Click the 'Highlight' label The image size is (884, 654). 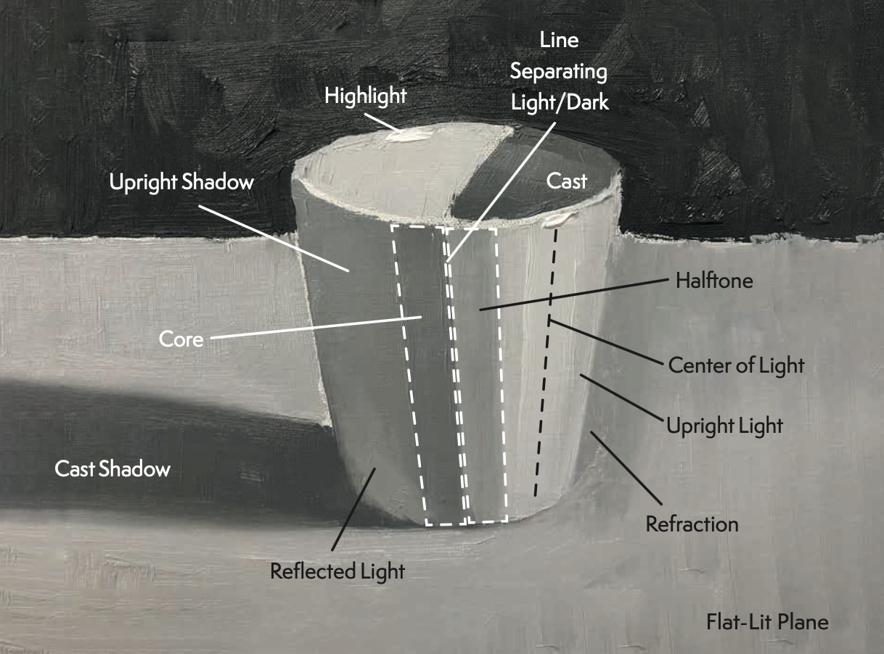[x=365, y=95]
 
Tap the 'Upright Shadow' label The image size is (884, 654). [x=181, y=181]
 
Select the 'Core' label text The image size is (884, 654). [x=181, y=338]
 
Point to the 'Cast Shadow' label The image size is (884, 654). [x=112, y=468]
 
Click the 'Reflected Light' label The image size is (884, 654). [x=337, y=571]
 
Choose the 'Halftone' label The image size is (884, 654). [x=714, y=280]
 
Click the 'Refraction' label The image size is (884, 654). [x=692, y=523]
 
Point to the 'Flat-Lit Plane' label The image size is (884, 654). [x=767, y=621]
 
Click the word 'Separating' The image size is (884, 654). [x=558, y=71]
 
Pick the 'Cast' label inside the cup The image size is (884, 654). [x=566, y=181]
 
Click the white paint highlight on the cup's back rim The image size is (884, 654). [x=410, y=133]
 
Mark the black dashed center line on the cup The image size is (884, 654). [x=546, y=363]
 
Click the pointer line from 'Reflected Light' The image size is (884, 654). [x=353, y=508]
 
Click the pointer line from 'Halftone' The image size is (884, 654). [x=573, y=293]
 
